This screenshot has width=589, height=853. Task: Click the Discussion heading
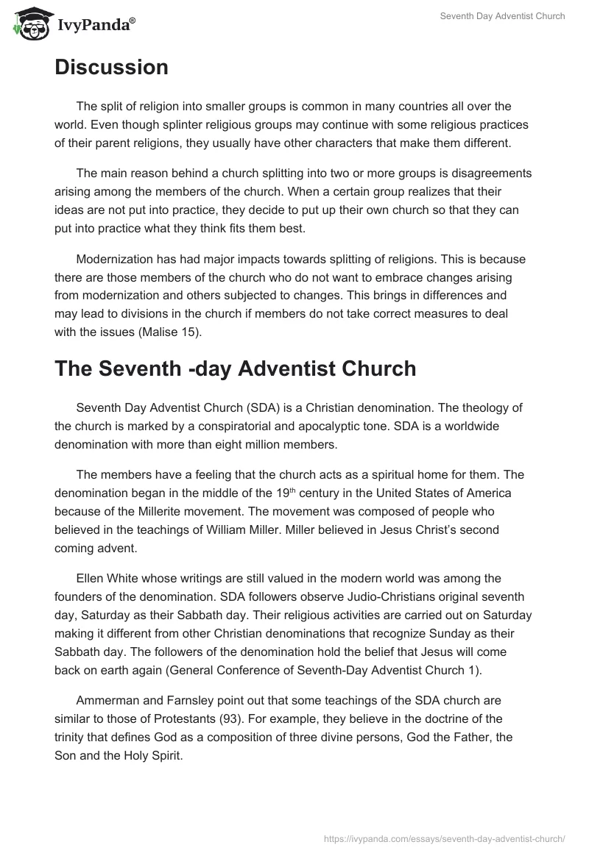point(111,68)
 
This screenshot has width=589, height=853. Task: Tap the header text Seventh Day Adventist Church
point(502,16)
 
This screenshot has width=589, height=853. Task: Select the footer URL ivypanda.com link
point(444,837)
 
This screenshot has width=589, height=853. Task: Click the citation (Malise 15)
point(171,332)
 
